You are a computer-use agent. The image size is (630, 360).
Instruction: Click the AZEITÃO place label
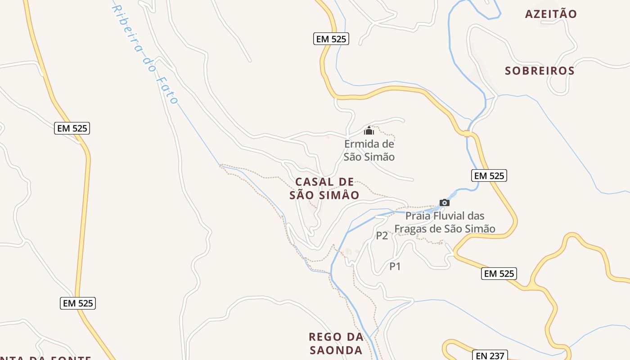pos(550,14)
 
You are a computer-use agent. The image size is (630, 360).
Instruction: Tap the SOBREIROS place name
pos(540,71)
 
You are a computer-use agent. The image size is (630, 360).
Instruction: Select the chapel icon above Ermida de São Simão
pos(369,131)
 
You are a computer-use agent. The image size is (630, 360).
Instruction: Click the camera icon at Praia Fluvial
pos(445,202)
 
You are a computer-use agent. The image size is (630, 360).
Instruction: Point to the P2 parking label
pos(382,235)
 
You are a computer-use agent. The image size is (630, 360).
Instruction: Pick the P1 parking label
pos(395,266)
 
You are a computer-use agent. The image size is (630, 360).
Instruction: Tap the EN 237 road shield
pos(490,356)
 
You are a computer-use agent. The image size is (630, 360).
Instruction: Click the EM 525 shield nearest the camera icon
pos(489,175)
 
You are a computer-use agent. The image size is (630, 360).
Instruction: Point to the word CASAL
pos(315,182)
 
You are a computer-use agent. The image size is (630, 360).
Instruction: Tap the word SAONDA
pos(336,350)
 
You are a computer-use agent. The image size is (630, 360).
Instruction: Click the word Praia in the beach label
pos(418,216)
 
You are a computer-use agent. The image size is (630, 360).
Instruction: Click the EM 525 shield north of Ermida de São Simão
pos(331,39)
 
